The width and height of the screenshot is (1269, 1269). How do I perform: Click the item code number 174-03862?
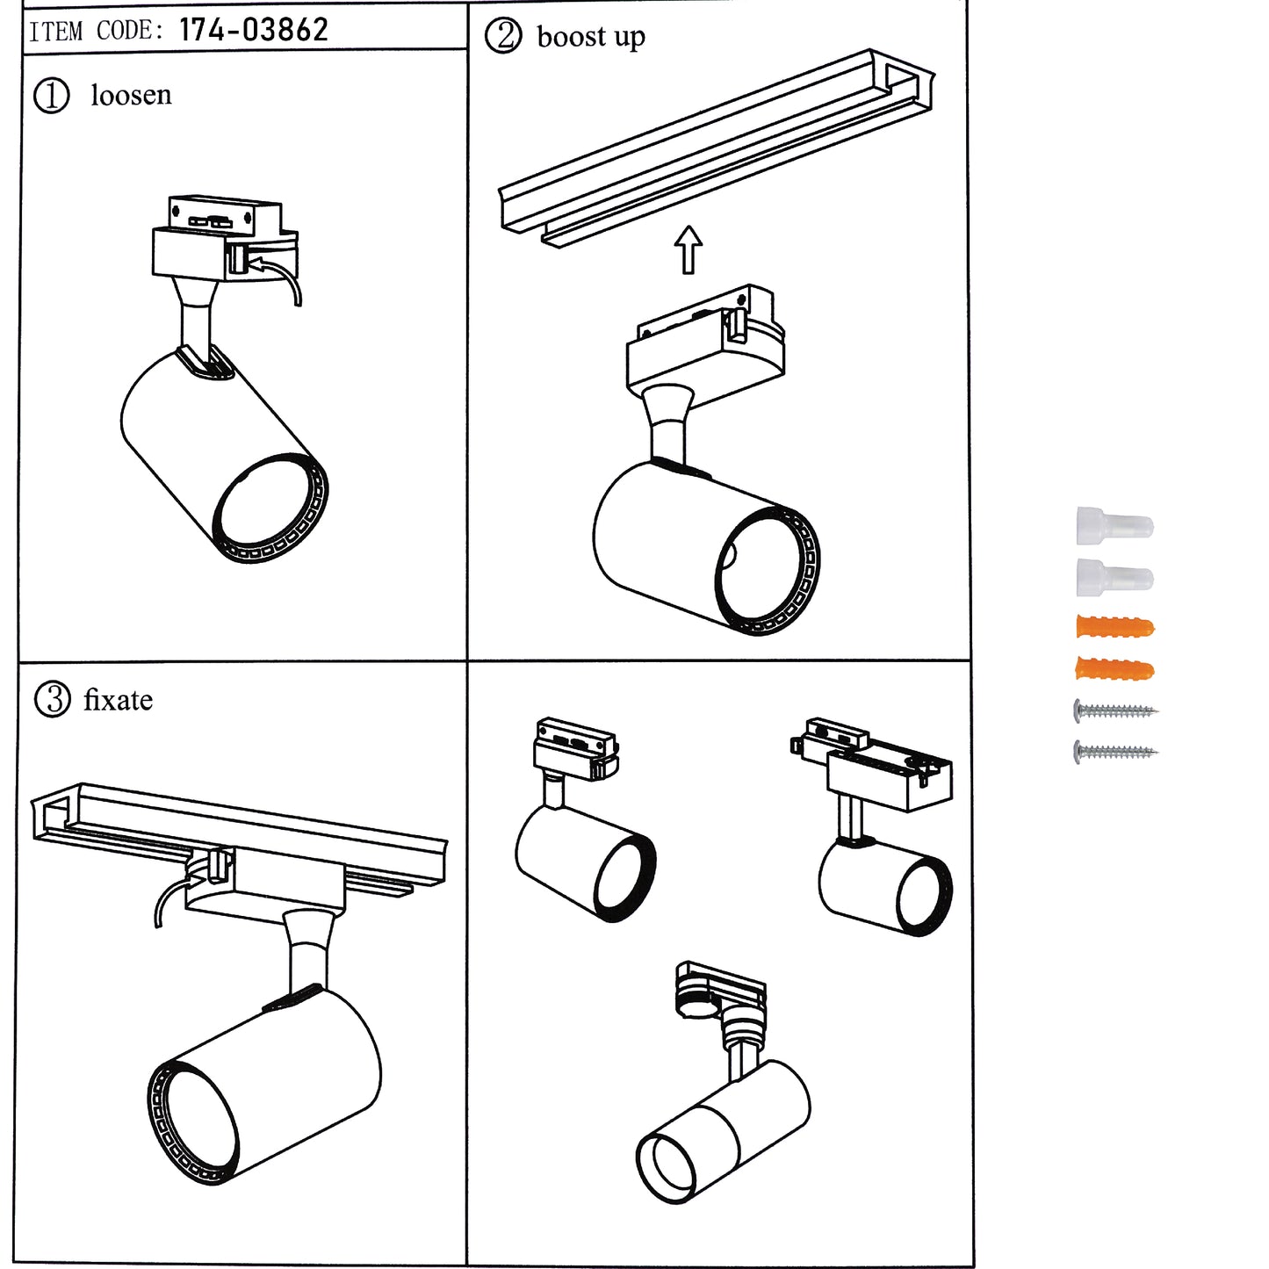(x=253, y=30)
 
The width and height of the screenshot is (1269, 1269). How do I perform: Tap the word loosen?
(x=131, y=95)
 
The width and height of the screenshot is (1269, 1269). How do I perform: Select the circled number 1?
(x=51, y=95)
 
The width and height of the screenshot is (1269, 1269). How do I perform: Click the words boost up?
(x=590, y=37)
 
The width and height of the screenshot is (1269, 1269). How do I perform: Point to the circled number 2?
(x=503, y=37)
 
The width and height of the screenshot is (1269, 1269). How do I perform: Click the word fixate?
(x=118, y=700)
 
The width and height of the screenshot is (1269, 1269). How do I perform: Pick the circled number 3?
(x=52, y=700)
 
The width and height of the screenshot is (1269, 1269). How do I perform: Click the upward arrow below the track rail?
(x=689, y=249)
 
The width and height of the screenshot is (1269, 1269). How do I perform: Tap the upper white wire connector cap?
(x=1114, y=526)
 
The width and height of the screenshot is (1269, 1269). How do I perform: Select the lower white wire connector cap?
(x=1114, y=577)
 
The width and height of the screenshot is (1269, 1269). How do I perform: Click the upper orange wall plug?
(x=1114, y=627)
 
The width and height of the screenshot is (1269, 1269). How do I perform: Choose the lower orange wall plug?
(x=1114, y=670)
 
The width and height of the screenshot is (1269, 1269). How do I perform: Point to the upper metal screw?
(x=1114, y=710)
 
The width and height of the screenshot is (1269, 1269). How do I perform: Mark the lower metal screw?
(x=1114, y=752)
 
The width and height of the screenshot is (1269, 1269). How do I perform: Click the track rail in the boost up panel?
(x=716, y=145)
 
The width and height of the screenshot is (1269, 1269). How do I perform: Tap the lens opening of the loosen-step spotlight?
(x=266, y=507)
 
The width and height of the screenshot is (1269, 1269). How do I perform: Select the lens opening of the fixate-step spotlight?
(x=198, y=1120)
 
